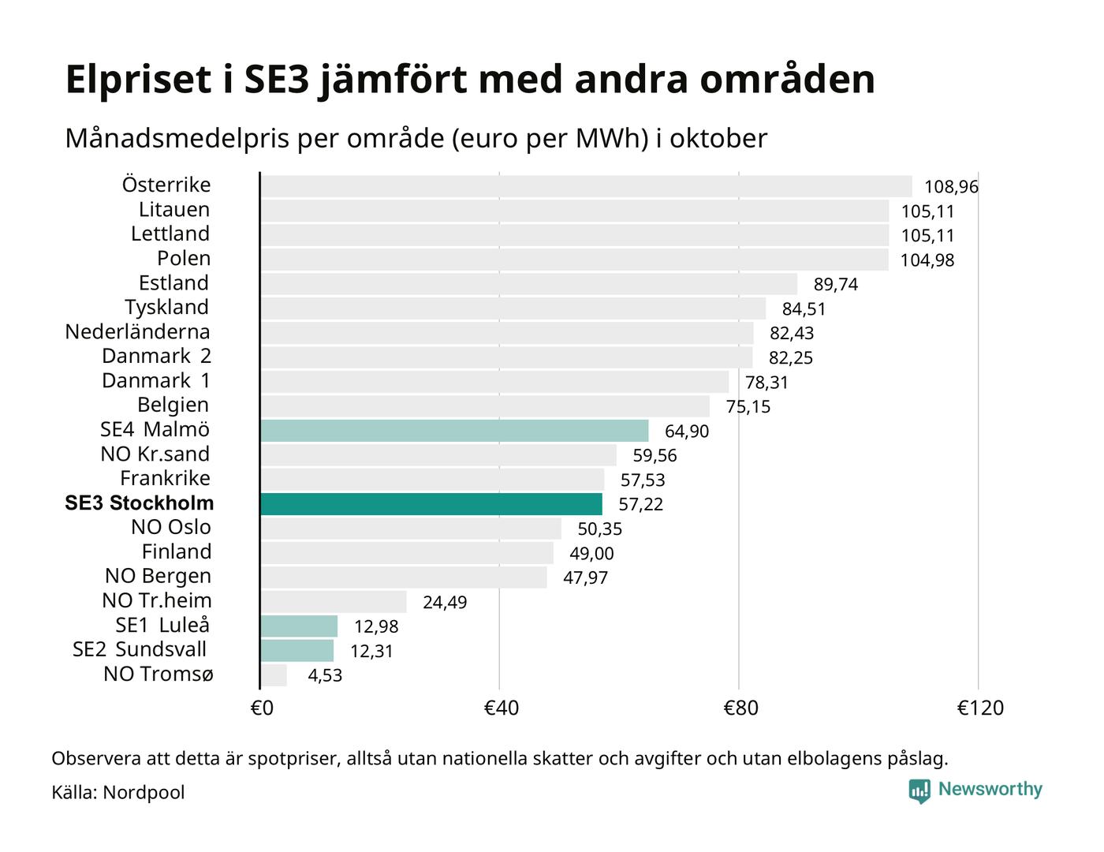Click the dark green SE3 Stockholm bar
coord(431,504)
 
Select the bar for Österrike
coord(586,186)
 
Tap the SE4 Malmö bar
coord(454,431)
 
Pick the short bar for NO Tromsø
coord(274,675)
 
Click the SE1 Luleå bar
coord(299,626)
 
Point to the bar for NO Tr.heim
coord(334,602)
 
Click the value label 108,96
coord(951,187)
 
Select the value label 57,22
coord(640,505)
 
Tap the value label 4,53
coord(325,676)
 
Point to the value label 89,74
coord(835,285)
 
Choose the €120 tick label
coord(980,708)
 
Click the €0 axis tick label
coord(262,708)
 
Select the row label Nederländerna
coord(137,332)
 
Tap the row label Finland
coord(177,552)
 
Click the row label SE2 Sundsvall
coord(140,650)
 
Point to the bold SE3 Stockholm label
coord(139,503)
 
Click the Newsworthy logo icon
coord(919,790)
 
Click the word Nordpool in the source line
coord(144,792)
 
